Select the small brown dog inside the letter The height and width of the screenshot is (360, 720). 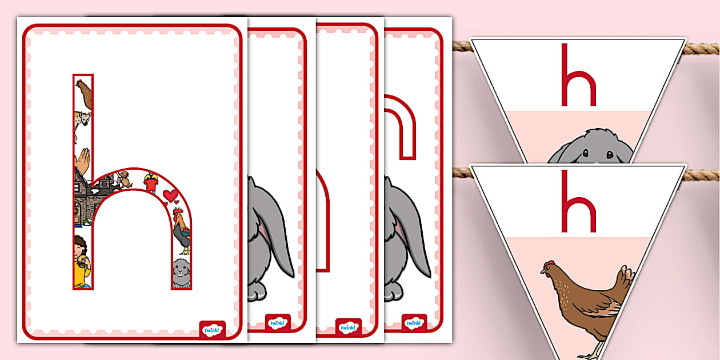click(125, 179)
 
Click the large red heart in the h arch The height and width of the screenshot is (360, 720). click(170, 195)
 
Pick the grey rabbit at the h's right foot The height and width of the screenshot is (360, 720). click(181, 273)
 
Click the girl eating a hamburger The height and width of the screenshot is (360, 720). click(82, 261)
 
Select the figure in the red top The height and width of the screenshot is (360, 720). click(150, 183)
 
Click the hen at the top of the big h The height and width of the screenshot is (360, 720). click(84, 94)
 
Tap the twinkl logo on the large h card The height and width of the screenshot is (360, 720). click(212, 330)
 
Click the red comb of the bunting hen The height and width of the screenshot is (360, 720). click(550, 263)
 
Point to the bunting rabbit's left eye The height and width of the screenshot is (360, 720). click(586, 153)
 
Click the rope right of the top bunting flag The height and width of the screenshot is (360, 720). click(701, 49)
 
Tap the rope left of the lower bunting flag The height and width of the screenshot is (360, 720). click(462, 173)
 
